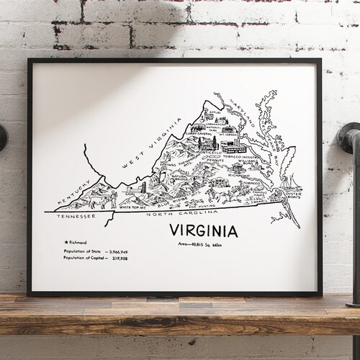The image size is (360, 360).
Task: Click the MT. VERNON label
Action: pyautogui.click(x=230, y=133)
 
